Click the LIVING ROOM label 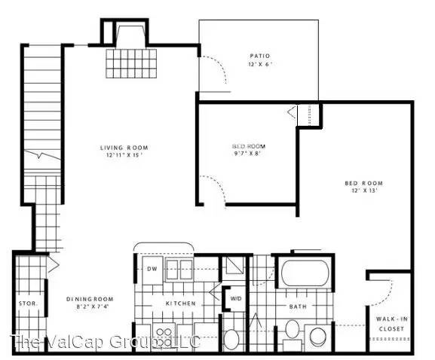124,147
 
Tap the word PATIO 260,56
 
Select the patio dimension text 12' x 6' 260,64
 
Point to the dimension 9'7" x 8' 248,154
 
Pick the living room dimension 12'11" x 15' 124,155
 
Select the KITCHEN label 181,304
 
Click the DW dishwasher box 152,269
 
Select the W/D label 236,298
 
